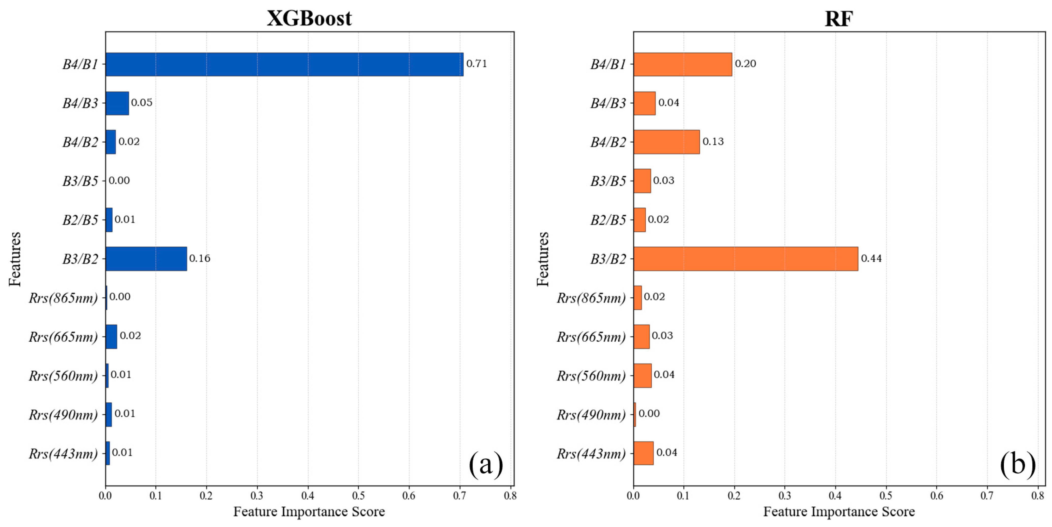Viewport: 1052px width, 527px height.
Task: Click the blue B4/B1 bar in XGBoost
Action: point(284,64)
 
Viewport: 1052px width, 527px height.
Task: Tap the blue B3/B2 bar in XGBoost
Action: point(146,259)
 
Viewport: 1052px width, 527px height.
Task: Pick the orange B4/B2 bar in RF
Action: point(666,142)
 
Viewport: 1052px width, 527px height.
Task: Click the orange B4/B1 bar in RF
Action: point(682,64)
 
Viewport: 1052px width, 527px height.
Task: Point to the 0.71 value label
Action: point(477,64)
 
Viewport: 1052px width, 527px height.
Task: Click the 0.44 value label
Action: point(871,259)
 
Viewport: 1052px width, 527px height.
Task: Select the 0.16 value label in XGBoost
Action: point(200,259)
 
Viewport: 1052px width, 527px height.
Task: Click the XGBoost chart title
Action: point(309,18)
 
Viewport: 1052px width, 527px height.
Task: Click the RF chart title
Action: point(839,18)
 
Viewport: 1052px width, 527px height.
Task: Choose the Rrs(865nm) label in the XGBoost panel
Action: point(63,298)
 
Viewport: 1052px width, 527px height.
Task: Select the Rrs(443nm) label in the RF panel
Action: point(591,454)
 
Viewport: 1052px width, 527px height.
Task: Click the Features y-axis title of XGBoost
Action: point(15,259)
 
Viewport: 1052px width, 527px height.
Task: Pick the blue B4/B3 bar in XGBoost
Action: point(117,103)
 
